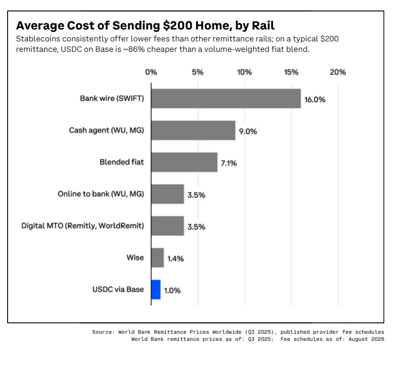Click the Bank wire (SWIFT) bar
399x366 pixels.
coord(226,98)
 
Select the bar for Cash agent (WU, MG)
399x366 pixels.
coord(193,130)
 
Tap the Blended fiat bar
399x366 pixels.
coord(184,162)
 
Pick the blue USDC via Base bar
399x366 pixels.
coord(156,289)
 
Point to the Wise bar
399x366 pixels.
coord(158,258)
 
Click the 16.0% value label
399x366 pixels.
coord(315,100)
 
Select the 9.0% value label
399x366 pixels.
coord(248,131)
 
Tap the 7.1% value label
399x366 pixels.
coord(229,163)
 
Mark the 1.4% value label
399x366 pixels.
coord(176,259)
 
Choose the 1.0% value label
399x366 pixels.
coord(172,290)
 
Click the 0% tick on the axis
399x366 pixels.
coord(151,72)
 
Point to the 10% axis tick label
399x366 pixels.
coord(245,72)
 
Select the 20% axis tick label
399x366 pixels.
coord(338,72)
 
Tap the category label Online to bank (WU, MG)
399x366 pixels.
coord(101,194)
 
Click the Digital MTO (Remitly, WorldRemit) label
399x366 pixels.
coord(83,226)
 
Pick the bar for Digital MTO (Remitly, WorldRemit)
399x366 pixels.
coord(168,226)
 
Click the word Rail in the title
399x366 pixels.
coord(263,26)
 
